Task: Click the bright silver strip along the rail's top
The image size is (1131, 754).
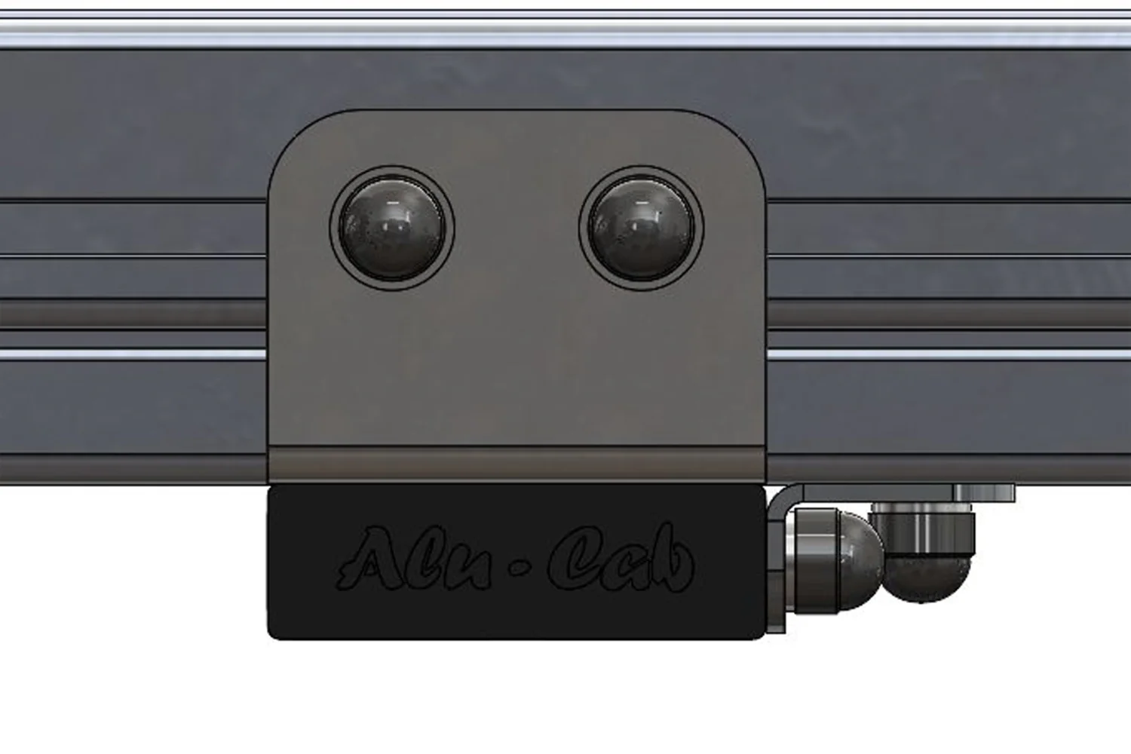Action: [565, 35]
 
